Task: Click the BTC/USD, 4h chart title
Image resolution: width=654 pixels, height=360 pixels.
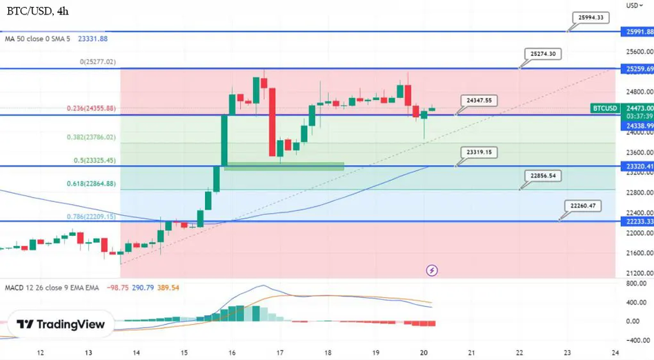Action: pos(38,11)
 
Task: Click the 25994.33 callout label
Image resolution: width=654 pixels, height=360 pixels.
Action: pos(591,18)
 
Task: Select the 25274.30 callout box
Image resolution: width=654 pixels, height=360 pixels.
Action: pos(543,54)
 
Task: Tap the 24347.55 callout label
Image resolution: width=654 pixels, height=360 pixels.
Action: pos(479,101)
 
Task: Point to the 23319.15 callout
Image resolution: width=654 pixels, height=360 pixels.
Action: pos(479,152)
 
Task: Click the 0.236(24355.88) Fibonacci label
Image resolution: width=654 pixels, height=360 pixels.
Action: pos(90,108)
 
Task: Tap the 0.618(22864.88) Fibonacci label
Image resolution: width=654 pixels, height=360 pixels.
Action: pos(90,183)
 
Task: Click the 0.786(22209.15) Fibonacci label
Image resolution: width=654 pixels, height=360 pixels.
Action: pos(90,216)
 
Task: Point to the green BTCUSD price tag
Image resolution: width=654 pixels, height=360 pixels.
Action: pos(605,108)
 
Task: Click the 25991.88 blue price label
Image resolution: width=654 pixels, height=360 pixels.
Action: pos(639,32)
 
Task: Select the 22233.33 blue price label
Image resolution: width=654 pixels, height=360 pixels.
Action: pos(639,222)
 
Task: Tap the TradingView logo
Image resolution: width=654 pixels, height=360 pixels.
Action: pos(60,324)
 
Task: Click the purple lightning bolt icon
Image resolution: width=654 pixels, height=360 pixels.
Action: pos(433,270)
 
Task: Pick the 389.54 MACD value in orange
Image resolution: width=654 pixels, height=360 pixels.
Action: pos(168,287)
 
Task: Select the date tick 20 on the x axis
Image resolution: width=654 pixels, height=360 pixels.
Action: pos(424,352)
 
